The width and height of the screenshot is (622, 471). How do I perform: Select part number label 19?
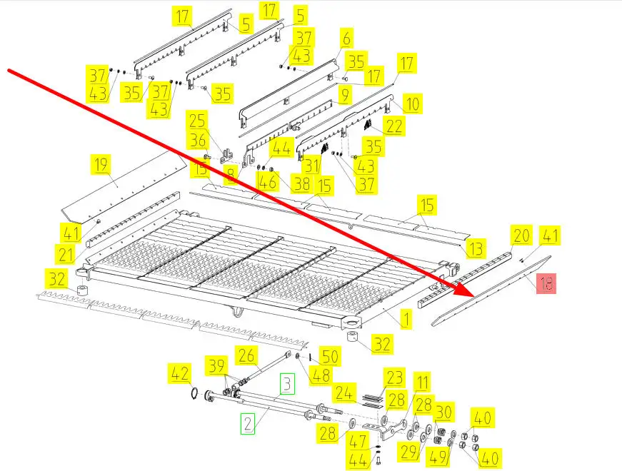coord(101,166)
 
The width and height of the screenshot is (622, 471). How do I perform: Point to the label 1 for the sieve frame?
coord(406,318)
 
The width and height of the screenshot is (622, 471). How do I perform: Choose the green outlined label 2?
coord(247,425)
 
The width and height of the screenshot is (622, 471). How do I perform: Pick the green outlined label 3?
coord(286,385)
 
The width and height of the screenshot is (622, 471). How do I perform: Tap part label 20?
coord(522,235)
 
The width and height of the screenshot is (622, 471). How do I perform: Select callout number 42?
coord(179,373)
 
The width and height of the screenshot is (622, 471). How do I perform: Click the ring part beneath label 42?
coord(194,393)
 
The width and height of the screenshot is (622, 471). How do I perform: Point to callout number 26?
coord(246,355)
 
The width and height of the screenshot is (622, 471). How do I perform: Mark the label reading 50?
coord(330,355)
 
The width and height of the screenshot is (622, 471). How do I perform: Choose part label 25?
coord(196,121)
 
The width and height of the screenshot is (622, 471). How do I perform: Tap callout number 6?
coord(346,38)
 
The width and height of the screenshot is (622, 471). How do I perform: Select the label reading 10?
coord(411,104)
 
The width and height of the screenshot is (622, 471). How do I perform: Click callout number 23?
coord(395,377)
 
